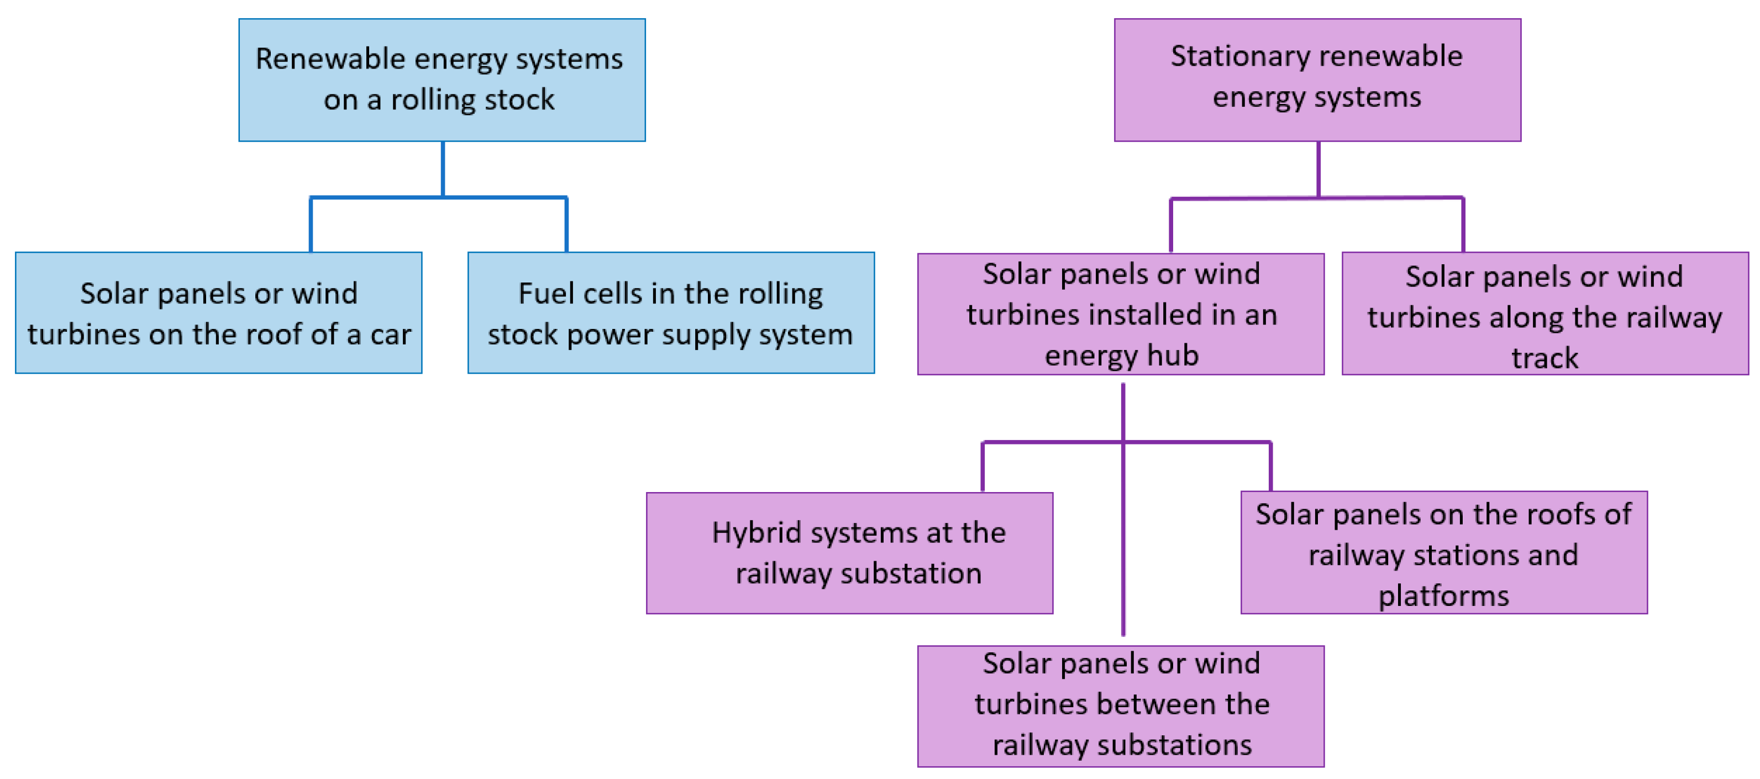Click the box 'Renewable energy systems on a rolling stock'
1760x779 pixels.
(x=442, y=80)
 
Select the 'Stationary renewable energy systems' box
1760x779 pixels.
(x=1317, y=80)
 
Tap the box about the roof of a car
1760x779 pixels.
(x=219, y=313)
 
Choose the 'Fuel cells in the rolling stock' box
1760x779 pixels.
(x=670, y=313)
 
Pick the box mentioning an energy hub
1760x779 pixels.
(x=1121, y=315)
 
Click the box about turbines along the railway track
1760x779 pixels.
(x=1544, y=315)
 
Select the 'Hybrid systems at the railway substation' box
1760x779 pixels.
(x=849, y=553)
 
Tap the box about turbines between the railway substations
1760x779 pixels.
(x=1121, y=706)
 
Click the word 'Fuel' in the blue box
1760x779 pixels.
(x=544, y=294)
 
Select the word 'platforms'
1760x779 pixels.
(x=1443, y=596)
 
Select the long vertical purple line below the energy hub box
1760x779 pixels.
(x=1122, y=547)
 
